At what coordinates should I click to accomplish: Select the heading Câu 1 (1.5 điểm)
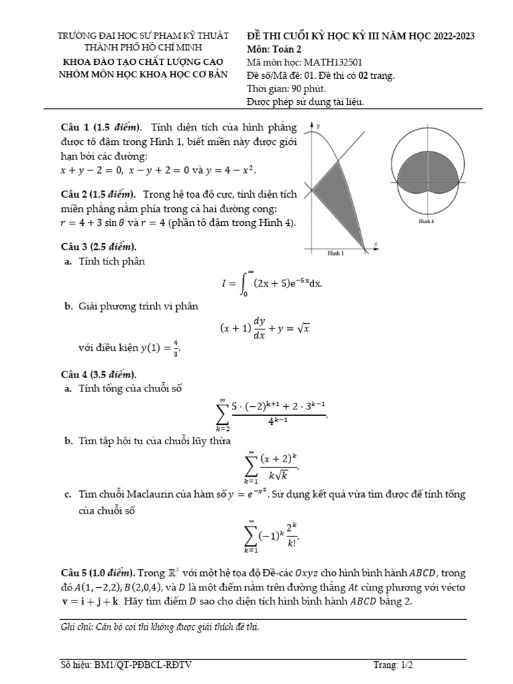coord(99,127)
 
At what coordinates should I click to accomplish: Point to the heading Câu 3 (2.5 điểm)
coord(98,246)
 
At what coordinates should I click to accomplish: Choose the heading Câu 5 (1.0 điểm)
coord(98,573)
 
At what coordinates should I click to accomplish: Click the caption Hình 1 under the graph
coord(335,254)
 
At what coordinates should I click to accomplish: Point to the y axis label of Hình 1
coord(319,126)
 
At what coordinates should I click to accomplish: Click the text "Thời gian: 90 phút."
coord(287,88)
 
